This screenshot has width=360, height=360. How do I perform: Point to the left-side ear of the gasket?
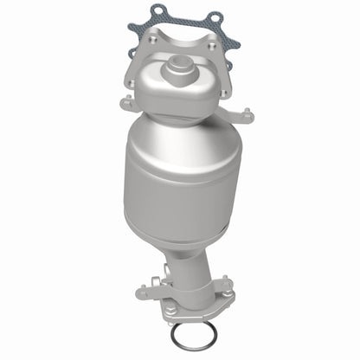[133, 31]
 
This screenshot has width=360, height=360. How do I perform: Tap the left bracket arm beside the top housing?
[129, 104]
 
